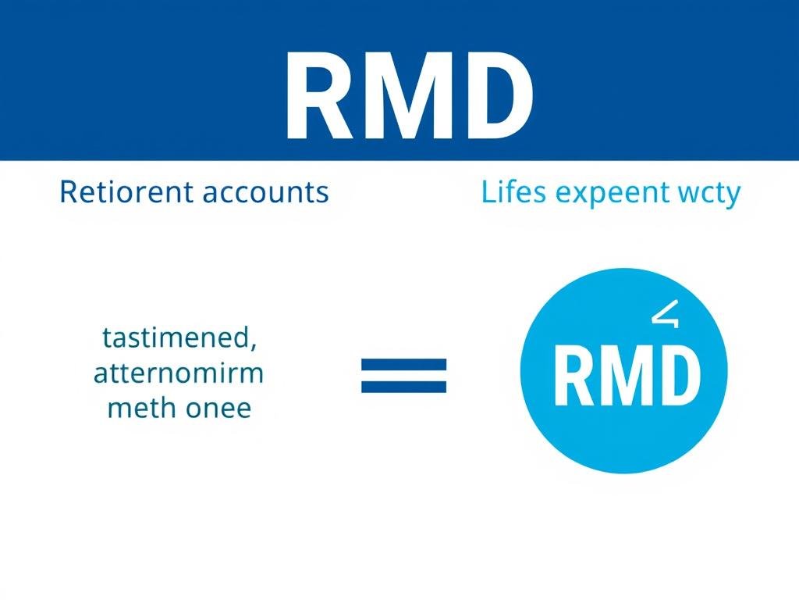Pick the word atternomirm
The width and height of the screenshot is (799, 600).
click(x=179, y=373)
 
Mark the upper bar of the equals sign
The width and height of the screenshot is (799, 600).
click(x=403, y=364)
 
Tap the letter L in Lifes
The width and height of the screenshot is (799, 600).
click(x=488, y=191)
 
